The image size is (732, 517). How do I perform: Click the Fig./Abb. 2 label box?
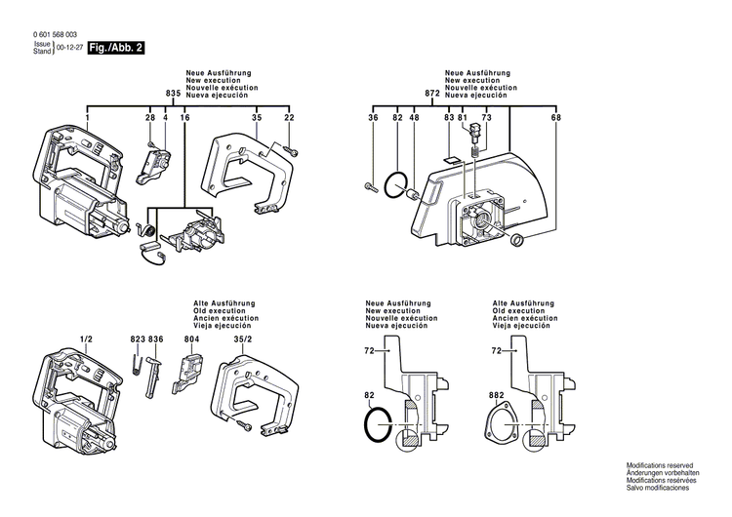114,47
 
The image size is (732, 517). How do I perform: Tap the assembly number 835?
173,93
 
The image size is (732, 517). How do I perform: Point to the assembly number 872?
432,93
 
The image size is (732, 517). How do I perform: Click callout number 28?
150,118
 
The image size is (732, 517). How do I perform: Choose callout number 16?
183,118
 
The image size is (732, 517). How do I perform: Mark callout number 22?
289,118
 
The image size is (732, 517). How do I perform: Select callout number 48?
414,118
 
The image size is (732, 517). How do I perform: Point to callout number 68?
556,118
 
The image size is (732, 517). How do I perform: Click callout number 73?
486,118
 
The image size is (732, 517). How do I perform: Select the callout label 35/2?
242,338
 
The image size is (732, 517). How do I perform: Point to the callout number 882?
497,396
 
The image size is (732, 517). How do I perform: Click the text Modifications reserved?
661,468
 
